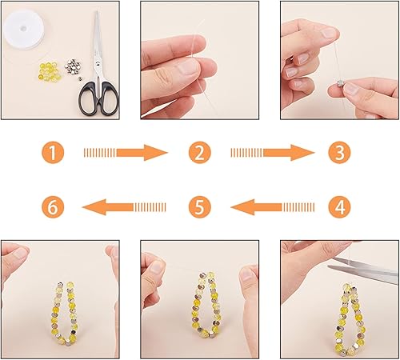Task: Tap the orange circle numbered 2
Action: [199, 151]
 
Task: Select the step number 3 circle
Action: [340, 151]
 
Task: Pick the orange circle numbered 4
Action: [340, 207]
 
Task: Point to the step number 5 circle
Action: [199, 207]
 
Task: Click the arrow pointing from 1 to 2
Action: [126, 151]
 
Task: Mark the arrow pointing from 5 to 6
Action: [126, 207]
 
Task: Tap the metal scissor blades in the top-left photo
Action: [98, 40]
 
